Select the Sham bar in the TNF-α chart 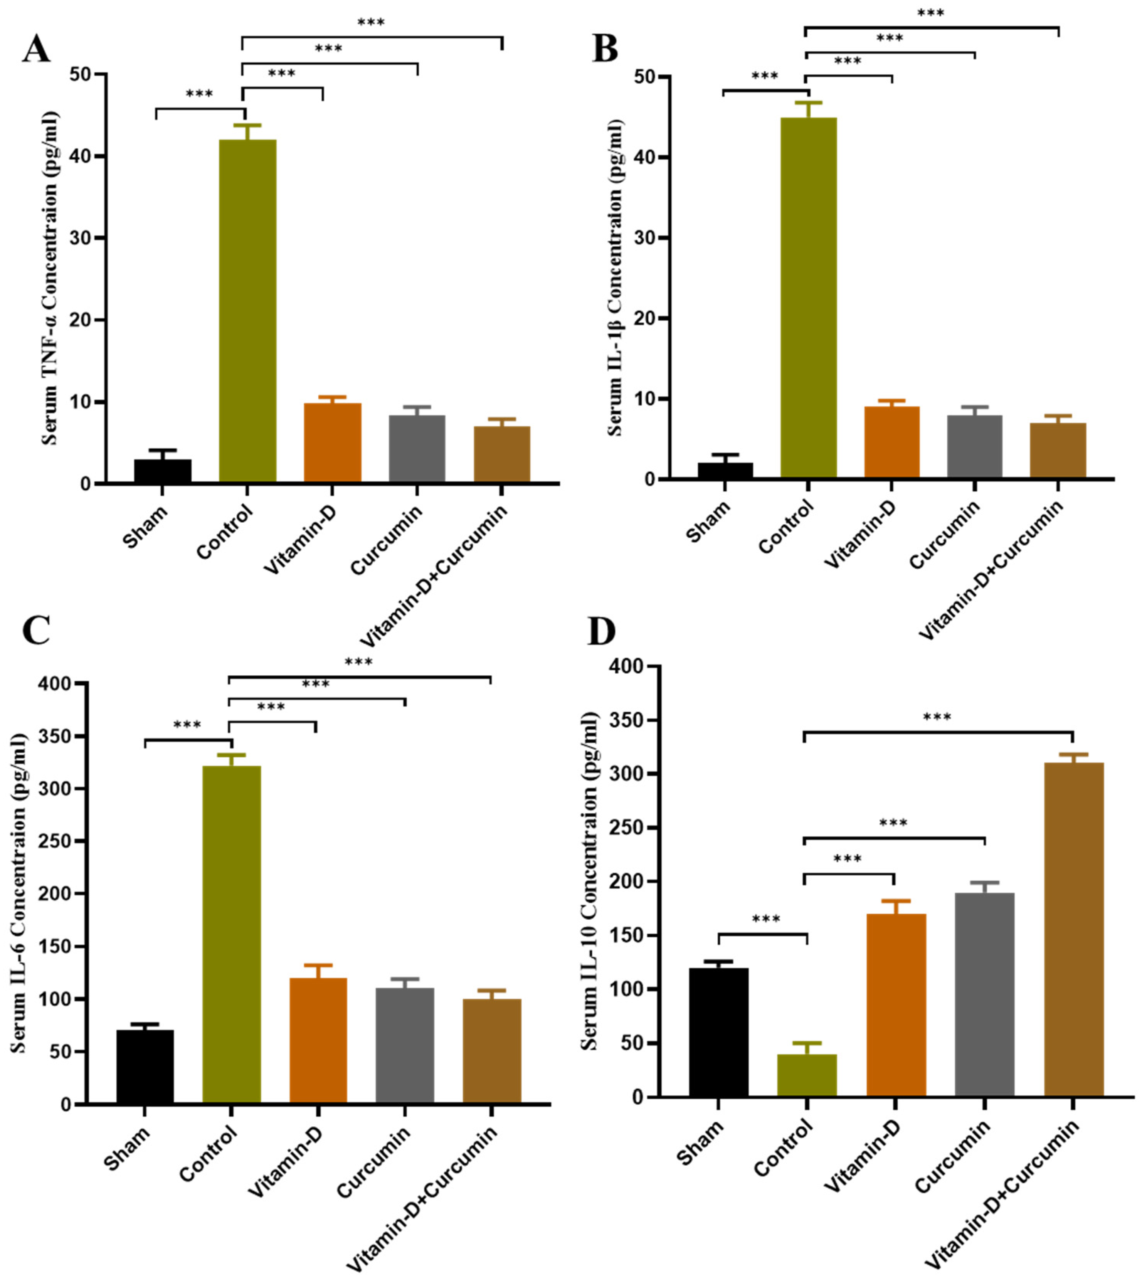click(163, 471)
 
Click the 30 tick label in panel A click(80, 239)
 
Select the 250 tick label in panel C click(55, 841)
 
